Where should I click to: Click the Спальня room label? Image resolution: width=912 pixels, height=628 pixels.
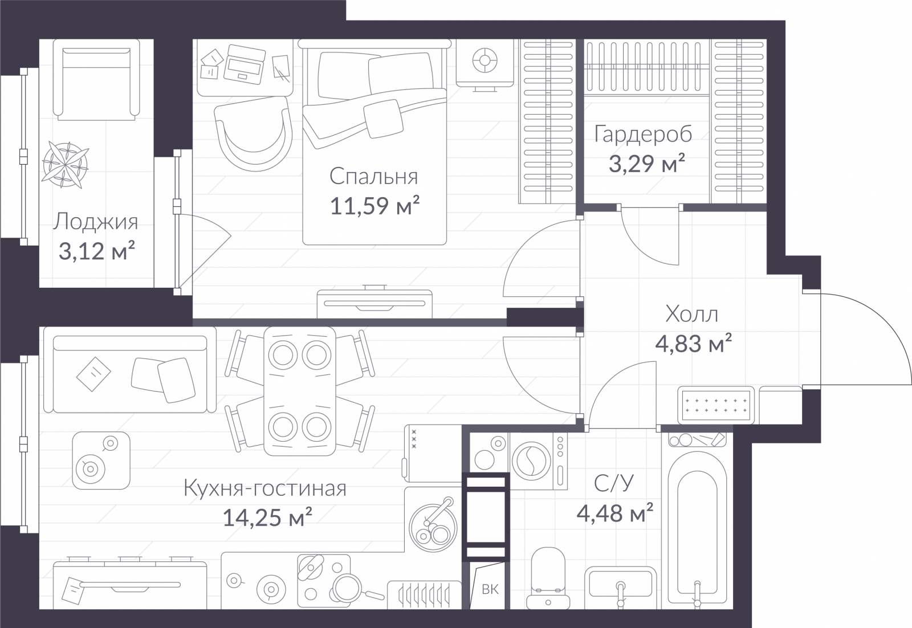click(373, 177)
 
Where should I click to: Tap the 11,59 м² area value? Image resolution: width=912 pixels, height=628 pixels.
click(374, 206)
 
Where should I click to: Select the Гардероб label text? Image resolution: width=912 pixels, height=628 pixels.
click(643, 135)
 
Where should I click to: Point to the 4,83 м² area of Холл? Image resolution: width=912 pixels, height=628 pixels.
click(693, 344)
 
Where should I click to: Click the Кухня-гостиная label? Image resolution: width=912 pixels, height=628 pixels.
click(265, 488)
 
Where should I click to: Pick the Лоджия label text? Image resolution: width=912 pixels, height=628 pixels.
click(96, 223)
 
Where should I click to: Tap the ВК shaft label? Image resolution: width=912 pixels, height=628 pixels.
click(490, 589)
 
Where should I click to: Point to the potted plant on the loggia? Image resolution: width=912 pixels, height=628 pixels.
click(65, 165)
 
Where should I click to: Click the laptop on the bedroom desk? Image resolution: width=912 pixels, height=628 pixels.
click(245, 65)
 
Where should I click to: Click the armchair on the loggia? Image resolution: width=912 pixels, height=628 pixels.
click(96, 80)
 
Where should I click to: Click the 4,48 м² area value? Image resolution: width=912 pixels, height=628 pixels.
click(615, 512)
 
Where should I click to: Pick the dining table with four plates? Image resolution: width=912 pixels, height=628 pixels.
click(300, 391)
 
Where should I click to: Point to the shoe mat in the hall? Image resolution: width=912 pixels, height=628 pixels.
click(716, 405)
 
